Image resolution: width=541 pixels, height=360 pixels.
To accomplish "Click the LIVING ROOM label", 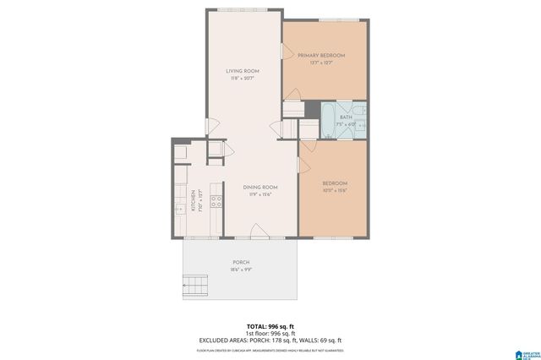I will [242, 70].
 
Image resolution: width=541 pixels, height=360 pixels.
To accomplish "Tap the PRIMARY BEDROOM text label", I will [321, 55].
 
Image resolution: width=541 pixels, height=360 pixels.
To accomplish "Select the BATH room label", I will [347, 117].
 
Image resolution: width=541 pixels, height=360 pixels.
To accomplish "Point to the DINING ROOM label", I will [260, 187].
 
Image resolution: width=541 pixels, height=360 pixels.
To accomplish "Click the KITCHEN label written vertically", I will [193, 199].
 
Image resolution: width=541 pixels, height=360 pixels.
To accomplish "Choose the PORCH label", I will [241, 263].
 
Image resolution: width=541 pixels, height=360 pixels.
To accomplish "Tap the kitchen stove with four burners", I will [216, 201].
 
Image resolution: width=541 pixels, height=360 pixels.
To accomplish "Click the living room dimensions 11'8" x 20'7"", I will [242, 79].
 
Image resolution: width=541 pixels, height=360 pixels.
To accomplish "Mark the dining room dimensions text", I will [260, 194].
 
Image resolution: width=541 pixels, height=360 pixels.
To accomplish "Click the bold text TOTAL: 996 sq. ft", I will [270, 325].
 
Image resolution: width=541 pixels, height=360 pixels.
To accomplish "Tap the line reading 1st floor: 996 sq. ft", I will [270, 333].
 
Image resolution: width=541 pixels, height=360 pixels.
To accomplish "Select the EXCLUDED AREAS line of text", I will [270, 341].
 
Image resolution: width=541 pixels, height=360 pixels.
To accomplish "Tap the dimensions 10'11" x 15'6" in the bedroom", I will [335, 191].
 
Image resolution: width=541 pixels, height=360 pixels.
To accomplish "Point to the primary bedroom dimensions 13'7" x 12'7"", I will [321, 63].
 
